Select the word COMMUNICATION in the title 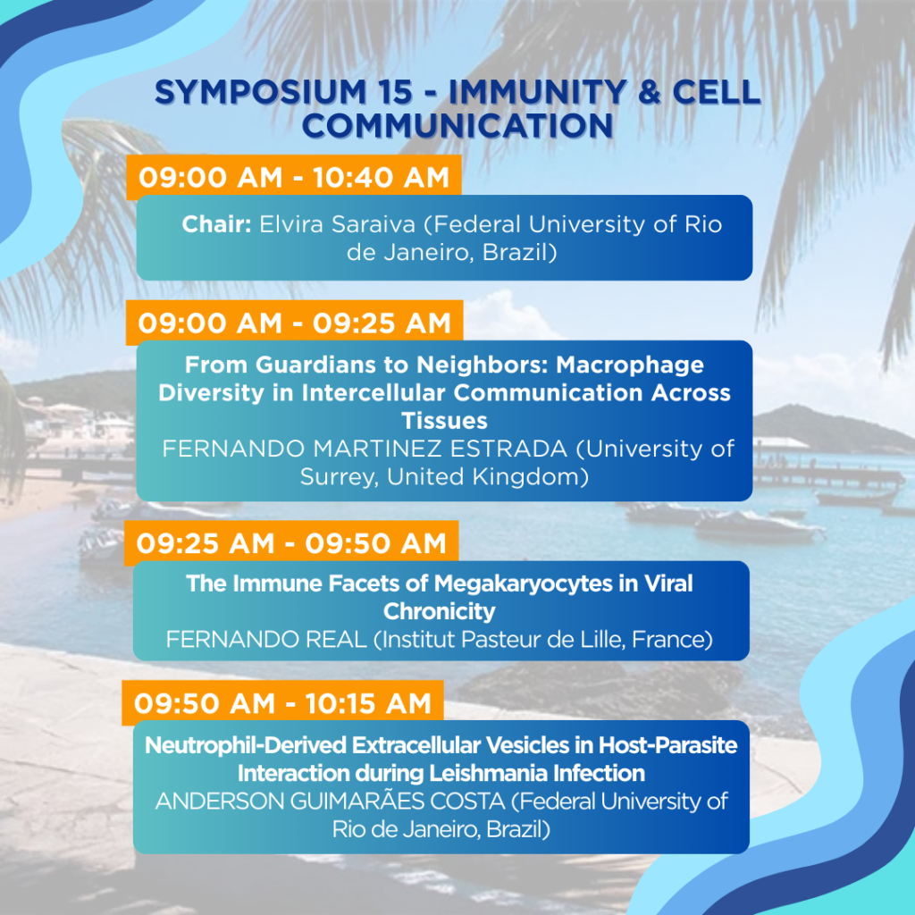point(457,125)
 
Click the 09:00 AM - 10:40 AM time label point(293,177)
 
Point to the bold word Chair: point(216,224)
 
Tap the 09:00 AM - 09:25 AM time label point(294,323)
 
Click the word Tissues point(444,421)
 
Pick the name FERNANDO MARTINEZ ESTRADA point(365,449)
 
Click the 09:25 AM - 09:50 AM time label point(291,543)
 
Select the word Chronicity point(440,611)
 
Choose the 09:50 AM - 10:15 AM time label point(282,703)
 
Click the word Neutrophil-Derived point(245,745)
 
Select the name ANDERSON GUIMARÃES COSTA point(330,801)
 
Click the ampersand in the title point(650,92)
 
